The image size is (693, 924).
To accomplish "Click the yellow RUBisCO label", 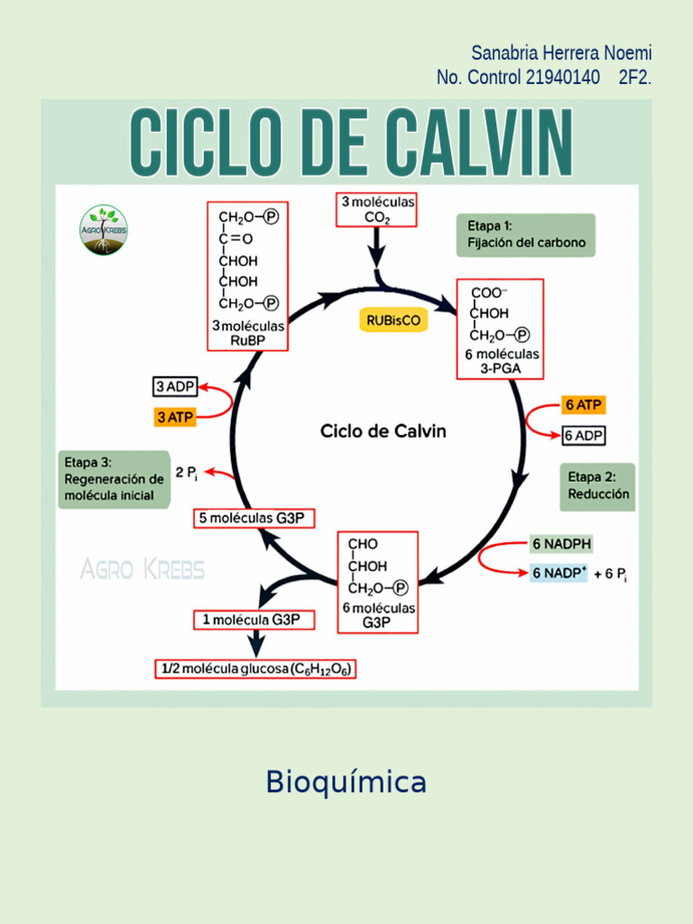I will [x=393, y=319].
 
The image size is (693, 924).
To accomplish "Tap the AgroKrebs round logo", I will [x=104, y=229].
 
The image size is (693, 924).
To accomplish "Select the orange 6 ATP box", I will [x=584, y=405].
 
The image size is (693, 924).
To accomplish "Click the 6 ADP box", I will [x=584, y=436].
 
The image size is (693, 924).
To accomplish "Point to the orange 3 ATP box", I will [x=174, y=418].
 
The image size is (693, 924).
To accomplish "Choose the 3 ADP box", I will [x=174, y=387].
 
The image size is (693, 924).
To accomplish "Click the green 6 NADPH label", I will [x=561, y=544].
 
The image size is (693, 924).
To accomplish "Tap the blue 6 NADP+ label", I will [x=559, y=573].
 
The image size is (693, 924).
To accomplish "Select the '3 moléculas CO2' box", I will [x=377, y=210].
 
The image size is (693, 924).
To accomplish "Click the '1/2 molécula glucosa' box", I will [x=255, y=670].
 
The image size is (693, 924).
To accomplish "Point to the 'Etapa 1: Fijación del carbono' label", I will [x=526, y=235].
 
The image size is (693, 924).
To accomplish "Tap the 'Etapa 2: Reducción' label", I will [x=598, y=486].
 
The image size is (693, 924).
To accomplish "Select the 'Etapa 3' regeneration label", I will [x=114, y=479].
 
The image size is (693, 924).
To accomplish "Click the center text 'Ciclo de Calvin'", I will [x=383, y=431].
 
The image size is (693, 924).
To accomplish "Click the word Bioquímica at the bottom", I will [x=346, y=782].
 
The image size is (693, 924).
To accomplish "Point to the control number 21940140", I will [x=562, y=78].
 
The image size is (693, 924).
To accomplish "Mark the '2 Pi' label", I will [x=187, y=473].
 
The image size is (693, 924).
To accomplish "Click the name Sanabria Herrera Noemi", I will [x=561, y=54].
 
